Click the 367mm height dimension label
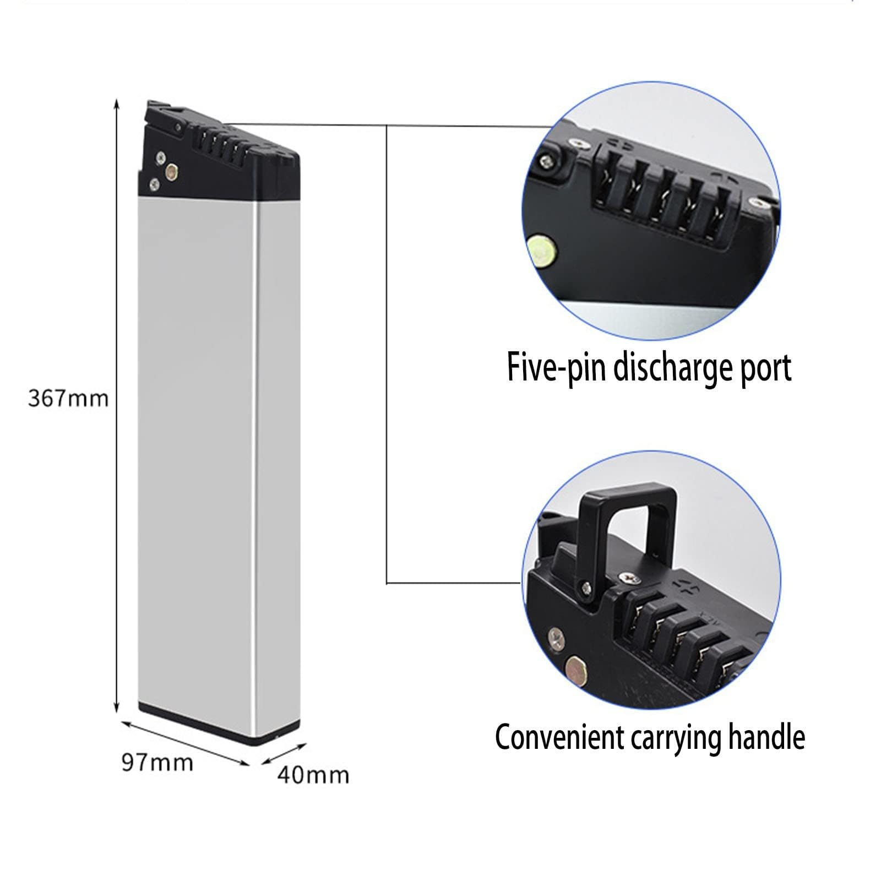click(68, 398)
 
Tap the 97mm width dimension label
click(157, 763)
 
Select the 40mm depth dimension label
click(313, 775)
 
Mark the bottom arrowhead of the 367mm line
click(116, 708)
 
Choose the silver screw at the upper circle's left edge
click(546, 161)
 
